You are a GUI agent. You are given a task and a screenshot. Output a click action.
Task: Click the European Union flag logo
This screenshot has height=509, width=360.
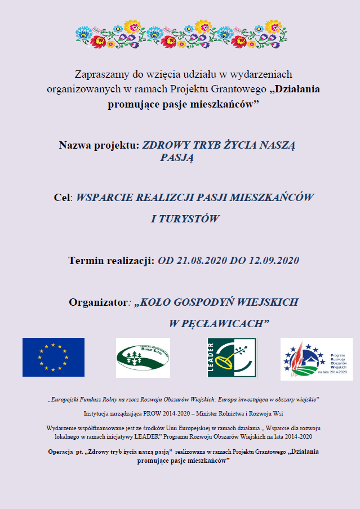[54, 357]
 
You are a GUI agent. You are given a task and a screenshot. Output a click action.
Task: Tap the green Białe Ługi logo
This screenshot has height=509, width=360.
[143, 358]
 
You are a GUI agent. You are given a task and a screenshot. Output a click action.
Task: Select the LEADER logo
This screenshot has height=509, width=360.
[232, 358]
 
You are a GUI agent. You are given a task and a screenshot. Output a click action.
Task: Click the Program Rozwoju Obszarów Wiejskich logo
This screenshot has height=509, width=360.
[316, 358]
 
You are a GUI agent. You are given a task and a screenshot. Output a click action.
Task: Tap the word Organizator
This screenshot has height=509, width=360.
[97, 302]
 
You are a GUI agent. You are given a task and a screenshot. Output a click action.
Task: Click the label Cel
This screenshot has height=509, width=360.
[63, 198]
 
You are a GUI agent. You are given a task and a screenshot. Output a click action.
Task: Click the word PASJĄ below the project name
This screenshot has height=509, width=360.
[177, 158]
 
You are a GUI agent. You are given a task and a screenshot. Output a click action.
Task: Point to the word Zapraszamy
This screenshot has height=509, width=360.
[99, 74]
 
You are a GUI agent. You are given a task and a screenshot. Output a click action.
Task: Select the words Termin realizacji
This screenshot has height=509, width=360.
[111, 260]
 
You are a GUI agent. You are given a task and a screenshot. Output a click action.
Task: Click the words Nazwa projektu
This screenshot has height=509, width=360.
[99, 145]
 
